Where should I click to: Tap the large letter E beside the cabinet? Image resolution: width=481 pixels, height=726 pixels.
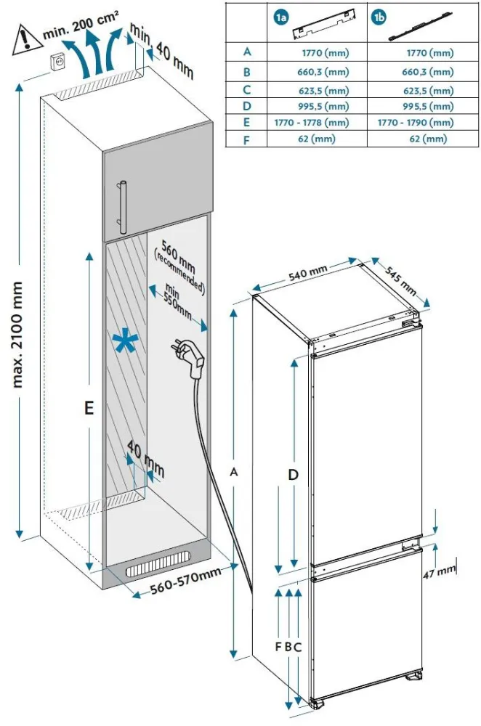[88, 409]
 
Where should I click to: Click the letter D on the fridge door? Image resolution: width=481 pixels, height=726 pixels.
[293, 475]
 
